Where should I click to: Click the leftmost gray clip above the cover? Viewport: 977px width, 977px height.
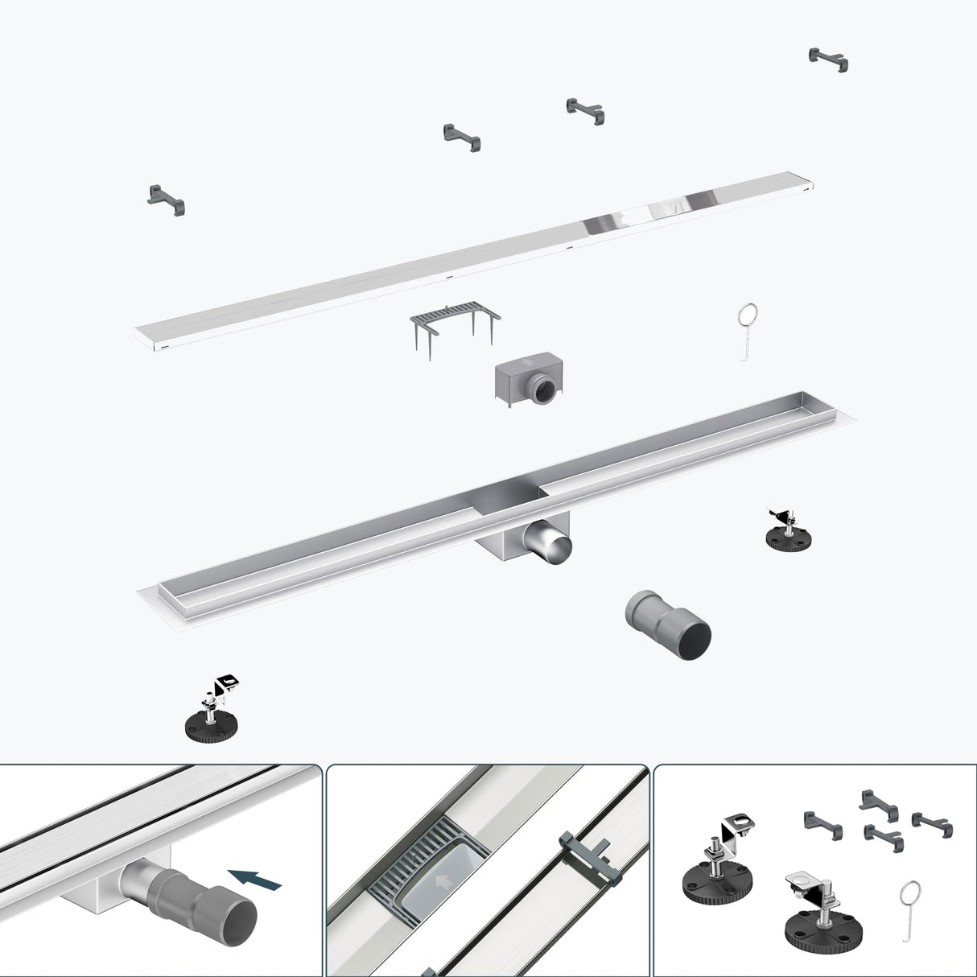pyautogui.click(x=166, y=196)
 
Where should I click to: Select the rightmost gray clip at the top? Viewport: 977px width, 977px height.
pyautogui.click(x=828, y=60)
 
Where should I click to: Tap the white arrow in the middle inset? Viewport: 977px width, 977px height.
pyautogui.click(x=441, y=881)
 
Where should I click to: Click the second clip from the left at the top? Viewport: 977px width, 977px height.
pyautogui.click(x=461, y=138)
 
